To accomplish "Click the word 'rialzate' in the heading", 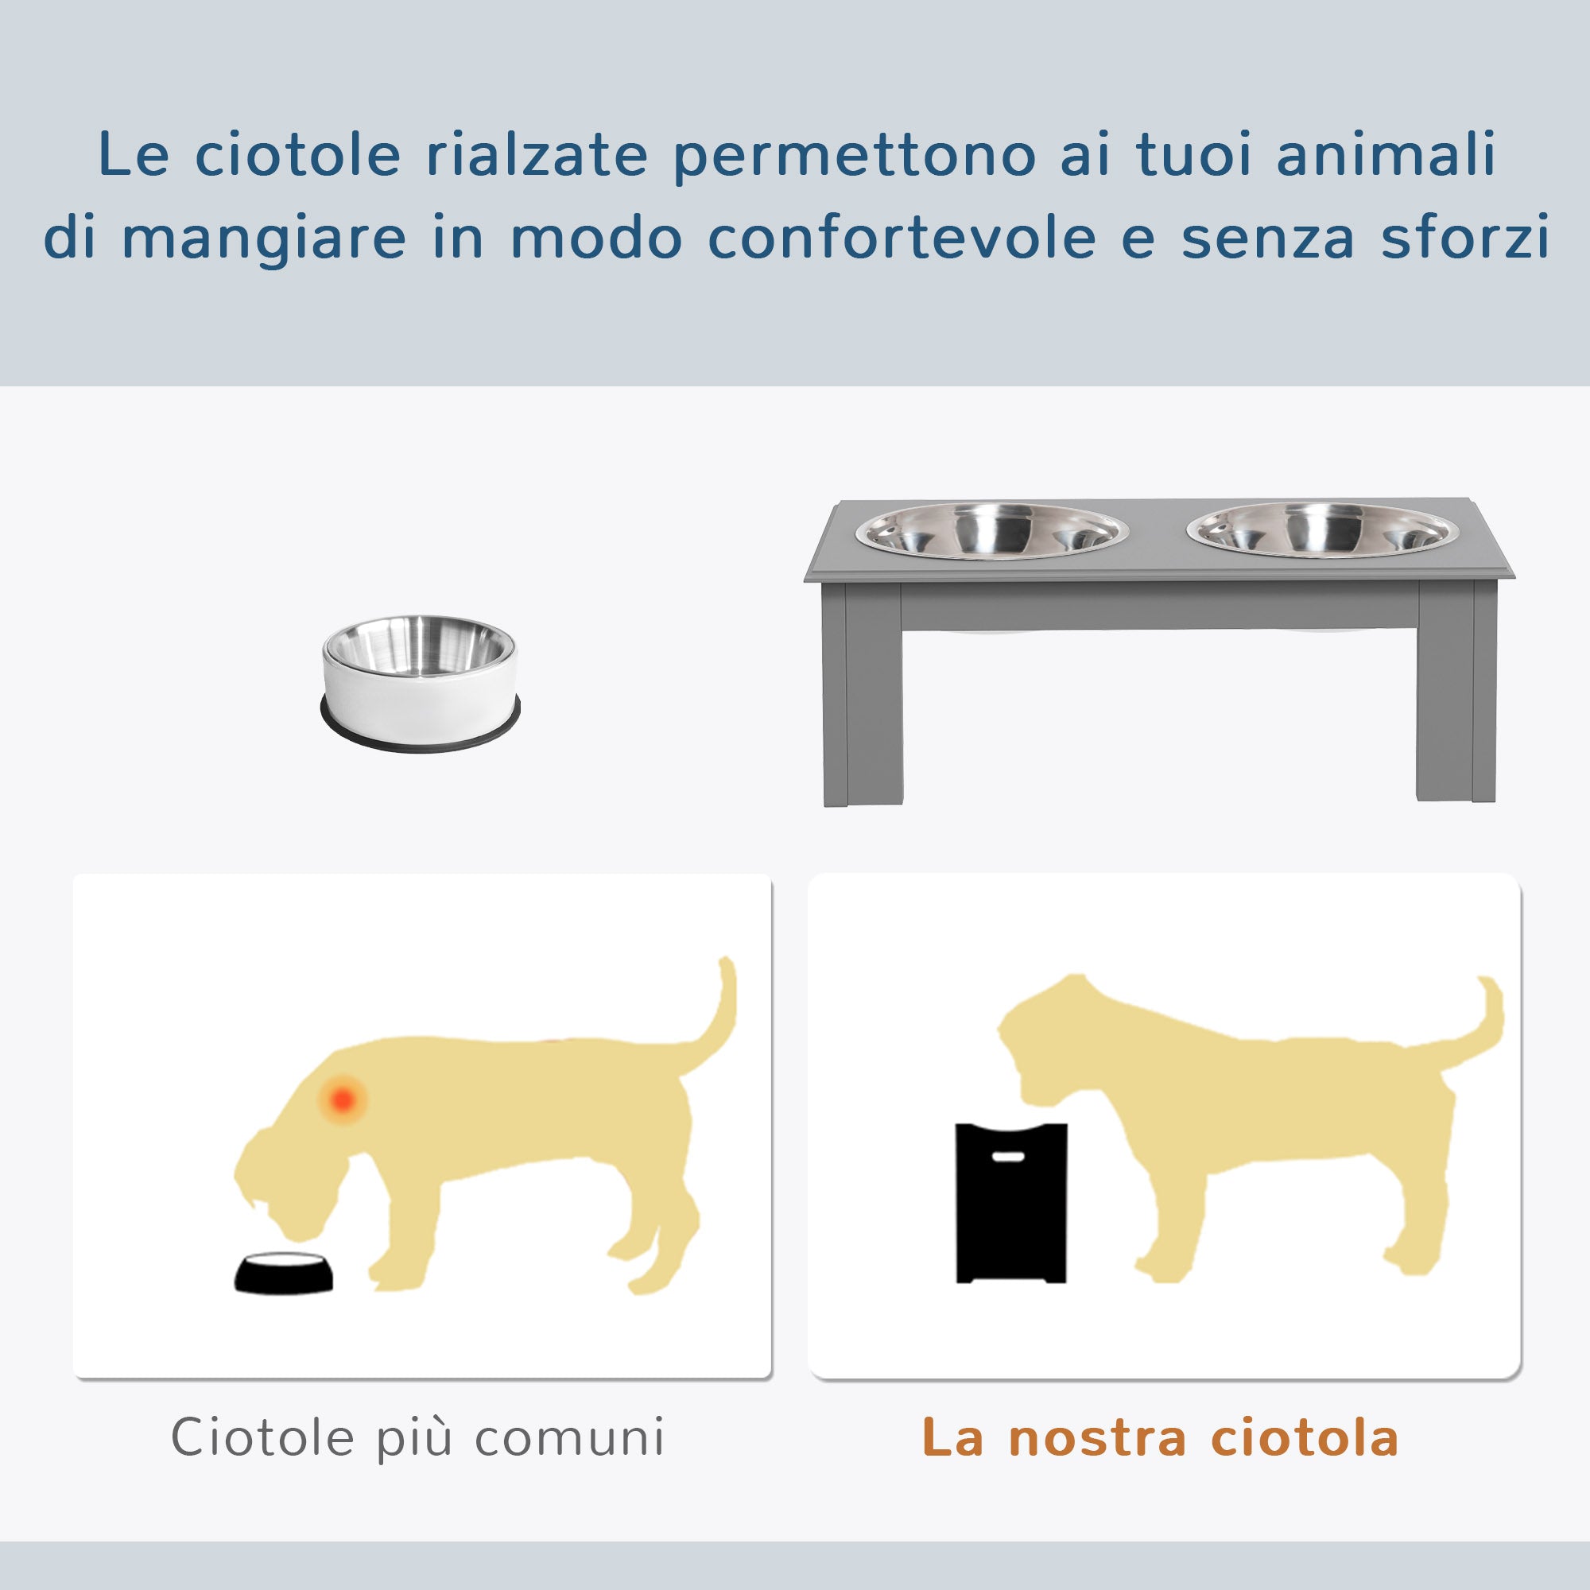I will tap(537, 155).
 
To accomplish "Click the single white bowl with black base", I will tap(420, 682).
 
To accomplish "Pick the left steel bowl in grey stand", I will tap(991, 531).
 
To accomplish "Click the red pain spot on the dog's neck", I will tap(343, 1099).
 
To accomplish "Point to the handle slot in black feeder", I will tap(1008, 1156).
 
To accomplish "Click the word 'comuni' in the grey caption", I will tap(569, 1437).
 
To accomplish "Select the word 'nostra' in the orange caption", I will tap(1097, 1437).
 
